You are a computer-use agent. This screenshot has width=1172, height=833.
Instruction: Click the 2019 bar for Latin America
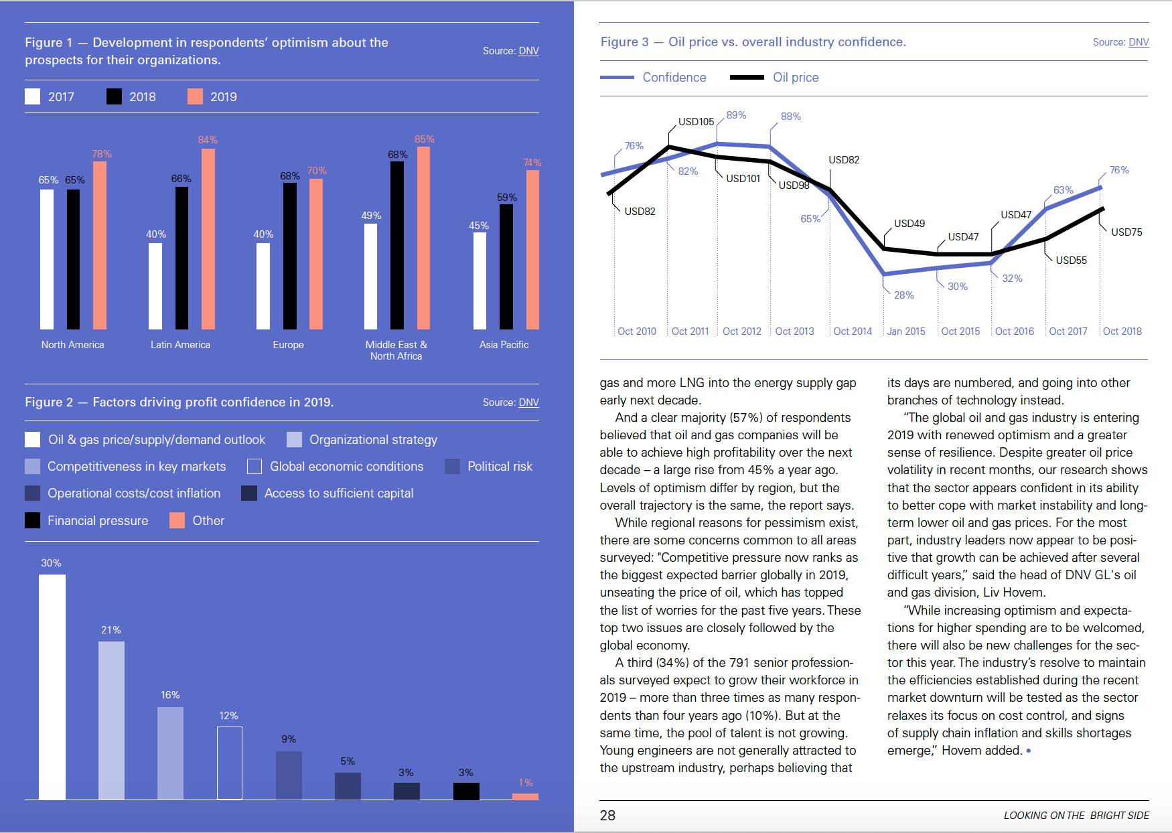[208, 239]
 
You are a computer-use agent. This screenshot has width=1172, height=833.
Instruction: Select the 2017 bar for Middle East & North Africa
[370, 276]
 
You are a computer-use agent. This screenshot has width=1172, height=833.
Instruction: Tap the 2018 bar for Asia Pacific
[506, 267]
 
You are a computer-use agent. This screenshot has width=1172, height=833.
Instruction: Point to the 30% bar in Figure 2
[52, 686]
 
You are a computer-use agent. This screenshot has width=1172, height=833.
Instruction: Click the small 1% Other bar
[525, 796]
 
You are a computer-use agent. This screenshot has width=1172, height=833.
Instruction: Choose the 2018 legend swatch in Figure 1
[114, 96]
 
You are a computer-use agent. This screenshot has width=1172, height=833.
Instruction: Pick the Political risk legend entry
[500, 467]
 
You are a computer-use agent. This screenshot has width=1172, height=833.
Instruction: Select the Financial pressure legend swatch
[32, 520]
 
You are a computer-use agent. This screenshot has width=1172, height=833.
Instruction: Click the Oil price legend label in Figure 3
[796, 78]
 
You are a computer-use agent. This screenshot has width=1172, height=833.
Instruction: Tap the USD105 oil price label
[696, 122]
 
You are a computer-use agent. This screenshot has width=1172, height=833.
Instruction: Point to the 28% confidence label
[903, 295]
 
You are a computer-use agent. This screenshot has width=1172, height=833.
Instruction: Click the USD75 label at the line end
[1126, 232]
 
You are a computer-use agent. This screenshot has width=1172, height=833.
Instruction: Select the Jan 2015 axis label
[905, 331]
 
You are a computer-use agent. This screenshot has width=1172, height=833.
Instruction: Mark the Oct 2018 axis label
[1122, 331]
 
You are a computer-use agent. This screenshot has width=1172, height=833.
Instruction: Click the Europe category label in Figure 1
[288, 345]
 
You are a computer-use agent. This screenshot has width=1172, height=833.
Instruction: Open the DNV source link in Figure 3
[1139, 42]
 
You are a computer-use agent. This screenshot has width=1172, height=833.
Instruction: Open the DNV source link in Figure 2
[528, 402]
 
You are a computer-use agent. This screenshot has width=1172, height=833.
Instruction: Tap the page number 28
[607, 816]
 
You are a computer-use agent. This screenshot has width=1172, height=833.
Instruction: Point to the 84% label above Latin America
[208, 140]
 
